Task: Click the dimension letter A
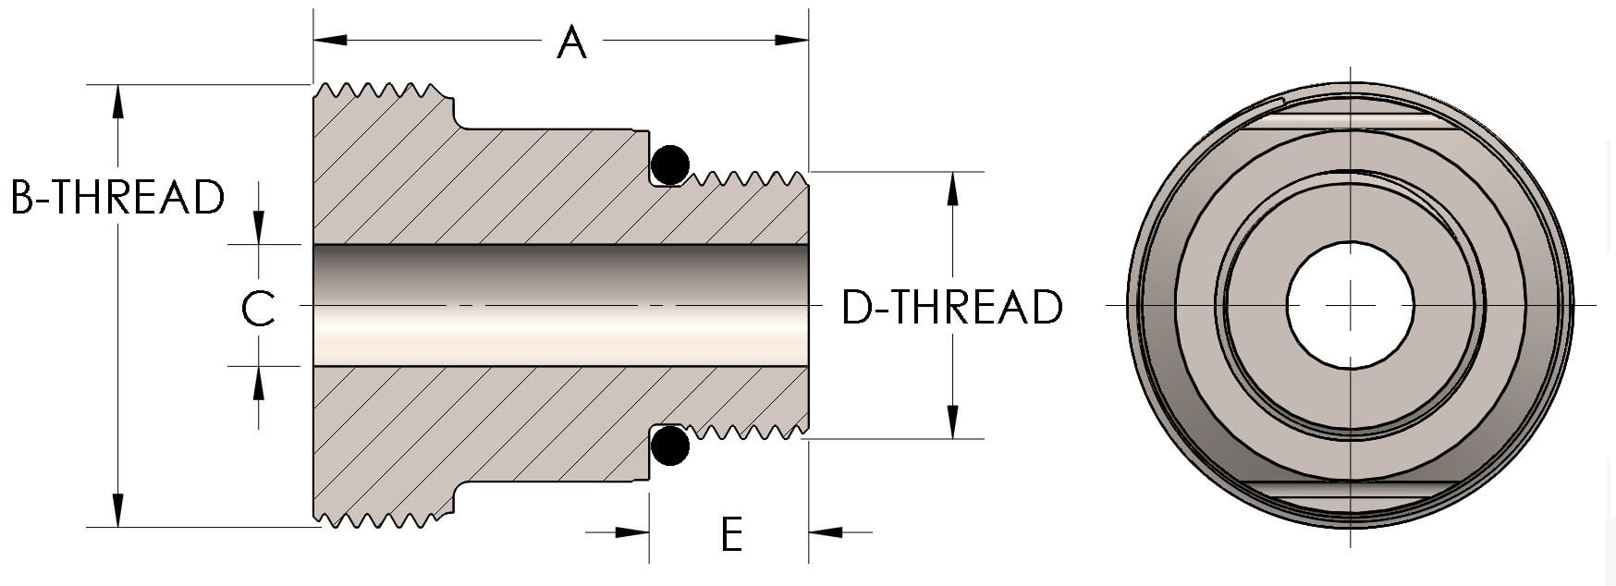tap(571, 43)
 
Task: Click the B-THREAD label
tap(117, 197)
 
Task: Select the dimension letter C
tap(258, 309)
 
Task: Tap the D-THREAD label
tap(952, 308)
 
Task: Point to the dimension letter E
tap(731, 534)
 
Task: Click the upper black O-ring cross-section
tap(670, 165)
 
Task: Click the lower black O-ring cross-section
tap(670, 446)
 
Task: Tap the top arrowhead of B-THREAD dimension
tap(117, 101)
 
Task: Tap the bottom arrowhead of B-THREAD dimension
tap(117, 510)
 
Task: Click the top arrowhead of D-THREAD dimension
tap(952, 189)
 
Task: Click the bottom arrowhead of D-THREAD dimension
tap(952, 421)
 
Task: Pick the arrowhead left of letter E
tap(632, 532)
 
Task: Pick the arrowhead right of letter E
tap(826, 532)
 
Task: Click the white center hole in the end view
tap(1350, 304)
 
